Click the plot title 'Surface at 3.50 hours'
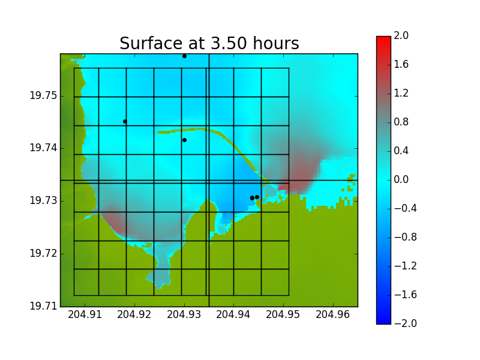(209, 43)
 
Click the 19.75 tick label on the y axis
(43, 96)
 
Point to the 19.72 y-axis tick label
(43, 253)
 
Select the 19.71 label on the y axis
(43, 306)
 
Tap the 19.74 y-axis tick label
(43, 148)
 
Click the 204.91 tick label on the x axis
(85, 314)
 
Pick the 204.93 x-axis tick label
(184, 314)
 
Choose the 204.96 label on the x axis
(333, 314)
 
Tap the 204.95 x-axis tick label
(283, 314)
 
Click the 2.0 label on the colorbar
(401, 35)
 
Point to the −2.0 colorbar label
(406, 323)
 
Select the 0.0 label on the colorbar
(401, 179)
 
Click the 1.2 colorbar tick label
(401, 93)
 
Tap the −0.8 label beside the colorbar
(406, 237)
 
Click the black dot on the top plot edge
(184, 56)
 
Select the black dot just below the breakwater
(184, 140)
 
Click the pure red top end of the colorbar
(383, 38)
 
